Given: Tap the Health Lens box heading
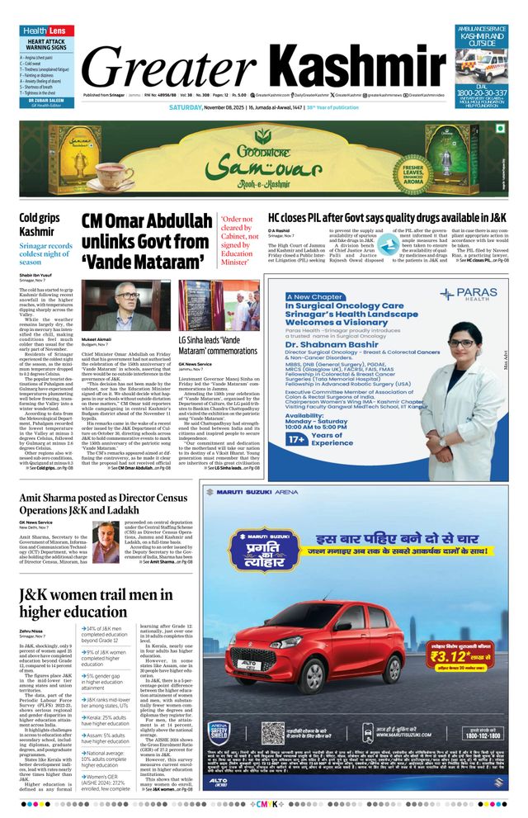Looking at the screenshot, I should pos(43,31).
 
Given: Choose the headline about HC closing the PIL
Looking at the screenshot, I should pos(387,218).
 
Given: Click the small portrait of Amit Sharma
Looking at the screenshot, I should pos(105,543).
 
